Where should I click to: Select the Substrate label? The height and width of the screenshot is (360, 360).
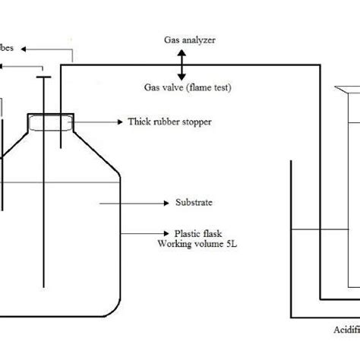pos(192,203)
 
